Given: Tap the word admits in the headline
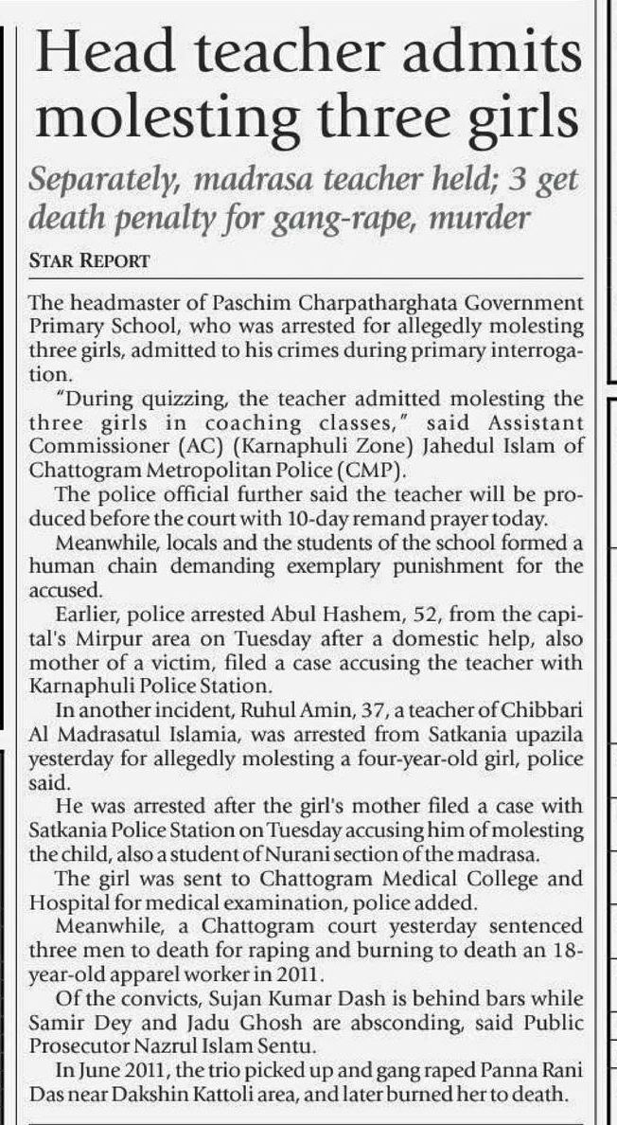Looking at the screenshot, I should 501,60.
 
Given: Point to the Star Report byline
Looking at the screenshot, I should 87,259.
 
